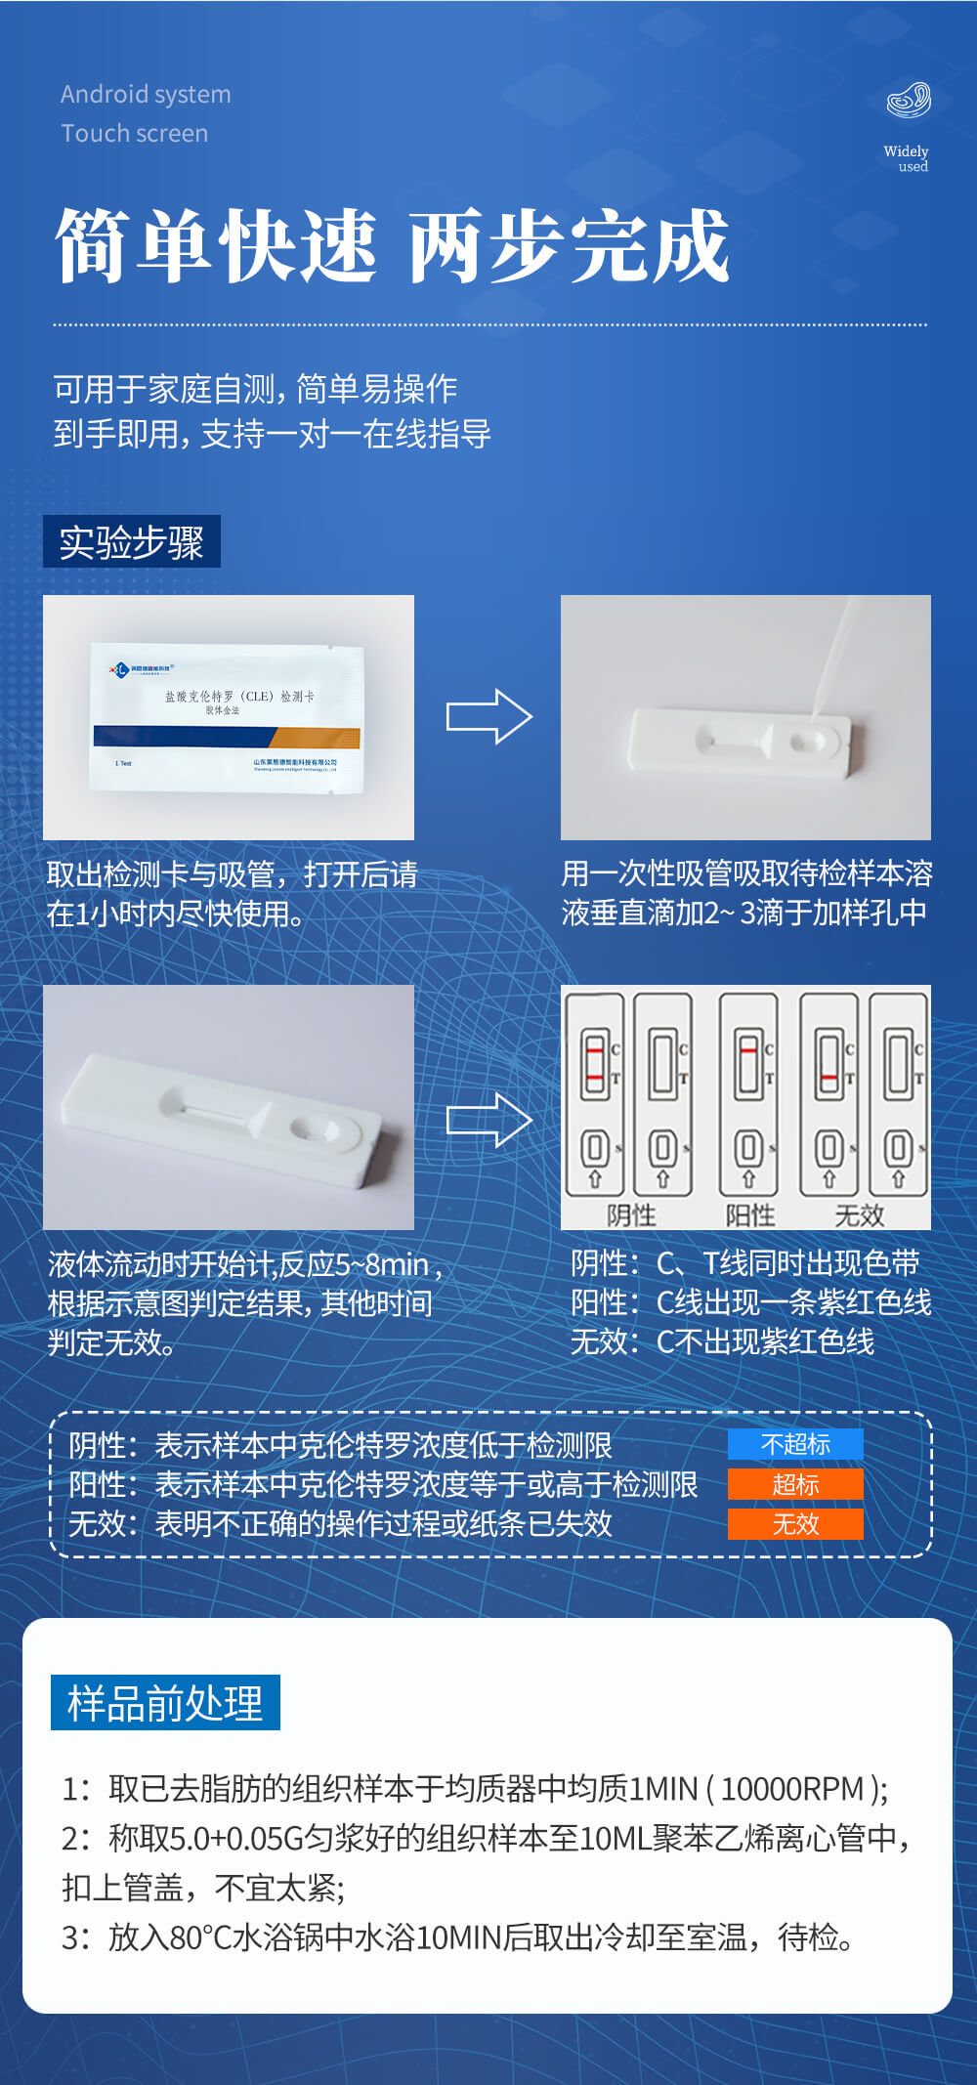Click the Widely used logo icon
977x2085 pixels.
pos(909,101)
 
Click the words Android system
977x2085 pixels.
pos(146,95)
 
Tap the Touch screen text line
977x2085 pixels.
pos(135,134)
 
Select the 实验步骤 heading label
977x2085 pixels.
pos(132,542)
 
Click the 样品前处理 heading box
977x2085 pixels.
pos(165,1703)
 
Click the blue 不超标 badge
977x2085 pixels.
pos(795,1444)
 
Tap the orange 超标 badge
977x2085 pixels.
pos(795,1484)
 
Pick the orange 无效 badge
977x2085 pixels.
pos(795,1524)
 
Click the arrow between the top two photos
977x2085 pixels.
pos(488,717)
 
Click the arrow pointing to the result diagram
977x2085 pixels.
pos(488,1120)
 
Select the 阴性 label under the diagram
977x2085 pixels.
pos(631,1215)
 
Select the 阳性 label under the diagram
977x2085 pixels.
pos(750,1215)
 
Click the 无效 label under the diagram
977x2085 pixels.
pos(860,1215)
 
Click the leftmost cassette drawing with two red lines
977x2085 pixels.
pos(595,1094)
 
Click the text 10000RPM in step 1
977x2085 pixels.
pos(792,1789)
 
